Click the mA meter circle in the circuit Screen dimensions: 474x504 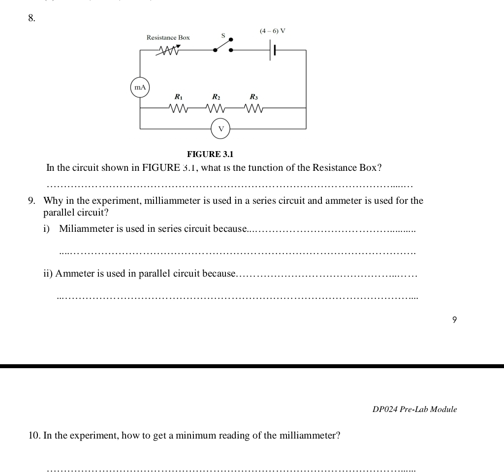(140, 87)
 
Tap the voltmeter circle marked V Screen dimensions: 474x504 (220, 129)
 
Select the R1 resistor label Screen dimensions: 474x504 (178, 97)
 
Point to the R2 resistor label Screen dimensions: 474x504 (216, 97)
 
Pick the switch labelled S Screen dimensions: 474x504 (223, 45)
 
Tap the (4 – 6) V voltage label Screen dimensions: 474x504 (273, 31)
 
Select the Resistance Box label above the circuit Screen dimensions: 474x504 (168, 37)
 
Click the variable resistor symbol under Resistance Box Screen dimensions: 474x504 (168, 50)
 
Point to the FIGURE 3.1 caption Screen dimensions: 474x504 (210, 154)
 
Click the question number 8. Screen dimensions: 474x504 (31, 18)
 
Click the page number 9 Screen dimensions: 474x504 (454, 320)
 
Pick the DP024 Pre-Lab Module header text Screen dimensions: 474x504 (414, 409)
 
